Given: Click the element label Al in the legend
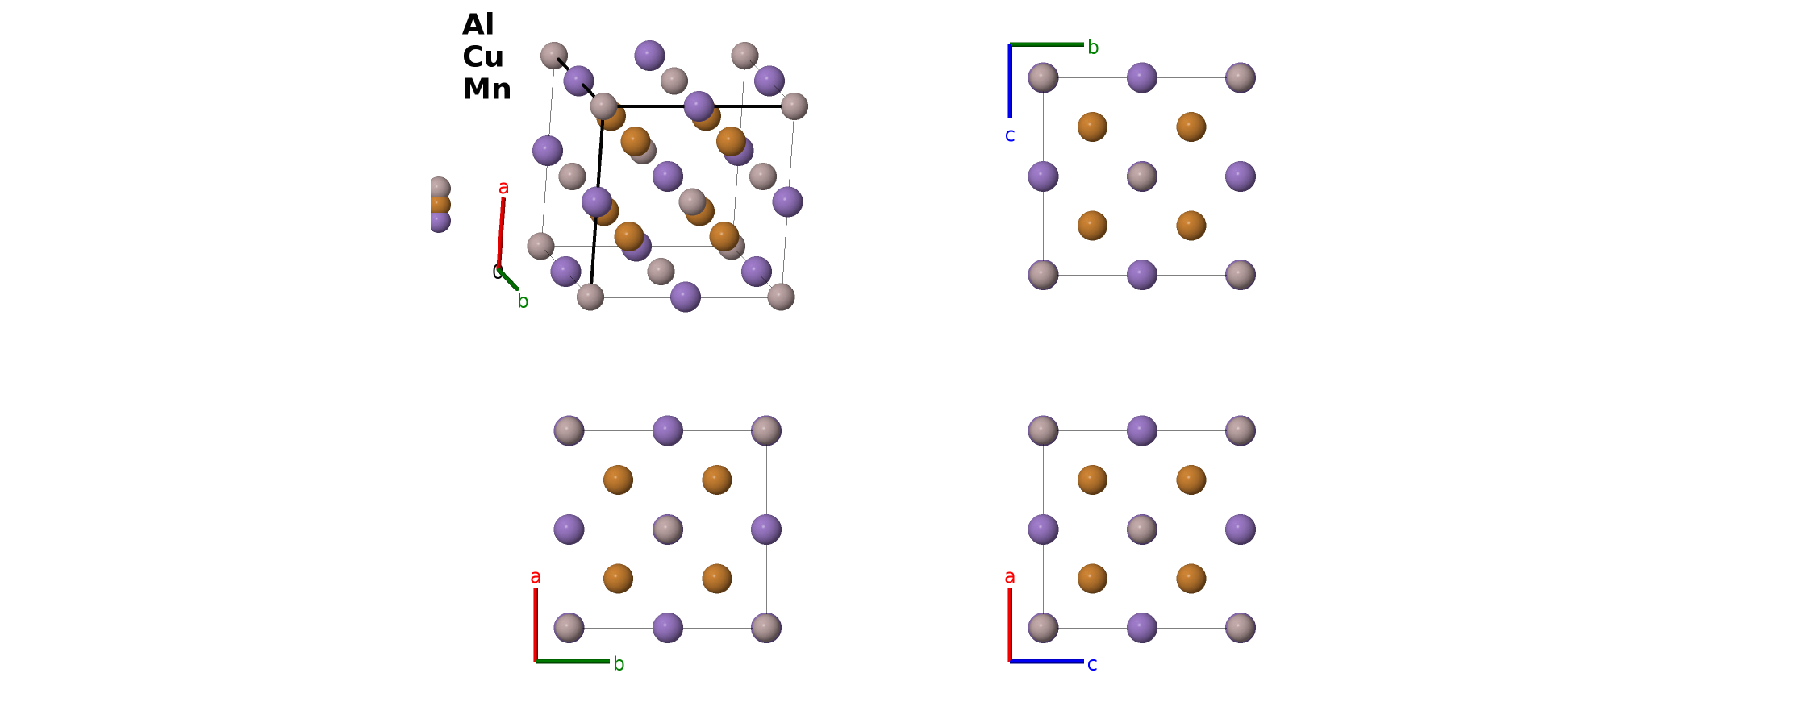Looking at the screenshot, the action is click(x=478, y=24).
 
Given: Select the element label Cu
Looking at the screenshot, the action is click(x=483, y=56).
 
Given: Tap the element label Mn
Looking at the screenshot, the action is click(x=486, y=89).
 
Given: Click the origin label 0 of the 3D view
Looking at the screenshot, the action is click(x=496, y=272).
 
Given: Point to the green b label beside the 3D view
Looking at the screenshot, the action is click(x=523, y=301).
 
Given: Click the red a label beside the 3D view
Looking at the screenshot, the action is click(x=503, y=188).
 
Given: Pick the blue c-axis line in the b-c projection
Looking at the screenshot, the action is click(x=1010, y=81).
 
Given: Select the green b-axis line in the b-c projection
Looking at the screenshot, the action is click(x=1047, y=44).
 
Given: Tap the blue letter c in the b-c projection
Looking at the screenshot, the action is click(x=1010, y=135).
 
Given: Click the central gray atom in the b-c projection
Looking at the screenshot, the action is click(x=1142, y=176).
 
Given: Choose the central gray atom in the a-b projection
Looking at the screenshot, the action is click(x=668, y=529).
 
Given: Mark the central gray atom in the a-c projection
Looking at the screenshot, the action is click(x=1142, y=529).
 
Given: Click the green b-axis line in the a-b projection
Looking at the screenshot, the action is click(x=573, y=662).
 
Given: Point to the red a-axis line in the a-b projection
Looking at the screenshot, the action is click(x=536, y=625).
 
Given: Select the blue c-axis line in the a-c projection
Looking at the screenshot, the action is click(x=1047, y=662).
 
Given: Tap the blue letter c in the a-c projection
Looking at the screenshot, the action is click(x=1092, y=665).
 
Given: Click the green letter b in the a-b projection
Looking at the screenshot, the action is click(x=619, y=663).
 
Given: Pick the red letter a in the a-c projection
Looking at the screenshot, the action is click(x=1010, y=577).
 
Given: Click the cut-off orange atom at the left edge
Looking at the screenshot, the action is click(x=440, y=205).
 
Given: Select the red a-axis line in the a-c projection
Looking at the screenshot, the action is click(x=1010, y=625).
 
